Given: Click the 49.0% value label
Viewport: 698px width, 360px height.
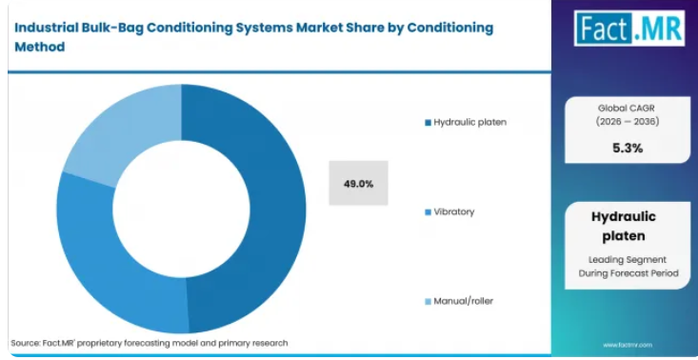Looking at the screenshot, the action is click(x=358, y=184).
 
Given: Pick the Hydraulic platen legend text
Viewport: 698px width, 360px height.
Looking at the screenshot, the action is click(x=470, y=122).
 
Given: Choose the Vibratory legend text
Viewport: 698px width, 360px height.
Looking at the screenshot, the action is click(x=454, y=211).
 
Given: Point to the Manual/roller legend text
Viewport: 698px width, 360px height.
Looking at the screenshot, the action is click(x=464, y=301).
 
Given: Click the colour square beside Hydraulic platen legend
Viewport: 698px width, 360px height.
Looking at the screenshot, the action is click(x=429, y=122).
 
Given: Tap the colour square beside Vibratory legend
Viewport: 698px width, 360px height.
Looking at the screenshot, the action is click(x=429, y=212).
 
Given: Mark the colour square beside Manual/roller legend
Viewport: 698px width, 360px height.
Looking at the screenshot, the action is click(x=429, y=302).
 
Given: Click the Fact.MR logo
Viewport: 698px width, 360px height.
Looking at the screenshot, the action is click(x=629, y=28).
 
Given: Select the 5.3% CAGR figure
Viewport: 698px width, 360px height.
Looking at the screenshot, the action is click(x=628, y=149).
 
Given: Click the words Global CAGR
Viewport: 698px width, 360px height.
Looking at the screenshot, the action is click(x=628, y=108).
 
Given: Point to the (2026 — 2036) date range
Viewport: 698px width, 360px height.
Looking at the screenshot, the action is click(x=628, y=121).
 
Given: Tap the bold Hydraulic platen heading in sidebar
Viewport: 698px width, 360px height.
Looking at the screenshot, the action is click(x=624, y=226).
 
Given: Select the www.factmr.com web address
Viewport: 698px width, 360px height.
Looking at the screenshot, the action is click(x=628, y=345).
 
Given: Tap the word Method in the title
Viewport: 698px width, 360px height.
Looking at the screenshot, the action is click(x=40, y=47).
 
